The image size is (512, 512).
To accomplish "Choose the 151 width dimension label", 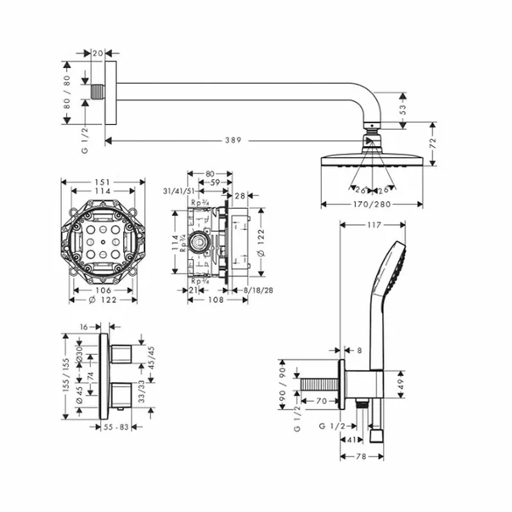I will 103,182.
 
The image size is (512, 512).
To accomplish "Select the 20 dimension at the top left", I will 98,53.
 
